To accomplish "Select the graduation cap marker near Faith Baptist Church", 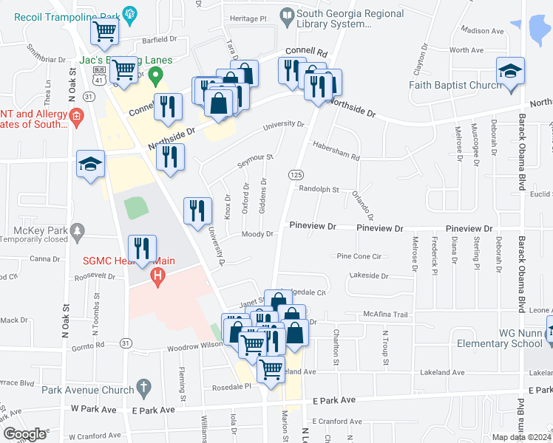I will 510,72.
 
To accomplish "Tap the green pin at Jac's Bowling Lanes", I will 155,74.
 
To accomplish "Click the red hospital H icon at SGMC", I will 157,277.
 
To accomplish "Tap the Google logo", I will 25,434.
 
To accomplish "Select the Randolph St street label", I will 319,189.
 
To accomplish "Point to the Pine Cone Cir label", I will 359,256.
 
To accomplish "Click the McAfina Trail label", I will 385,315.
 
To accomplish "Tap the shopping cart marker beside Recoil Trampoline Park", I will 104,32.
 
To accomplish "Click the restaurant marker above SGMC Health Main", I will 140,248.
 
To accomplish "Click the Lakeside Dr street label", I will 370,275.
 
